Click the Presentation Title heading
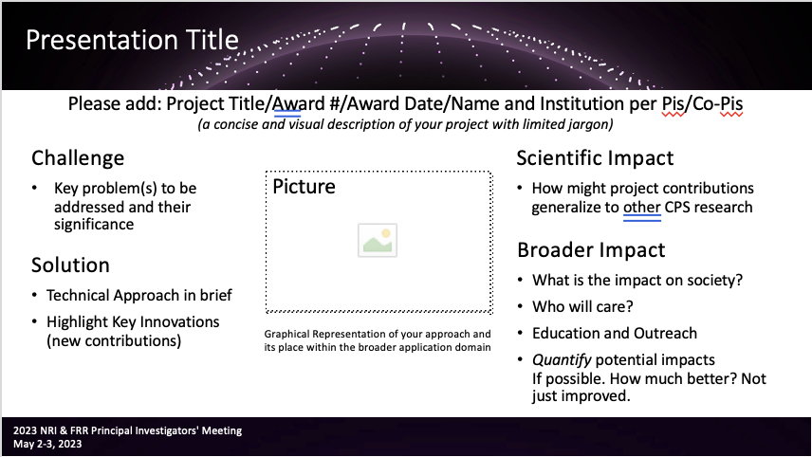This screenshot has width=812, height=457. coord(132,40)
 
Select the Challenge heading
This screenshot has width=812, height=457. coord(78,158)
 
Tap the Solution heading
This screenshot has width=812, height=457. coord(70,265)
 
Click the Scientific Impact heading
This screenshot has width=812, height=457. coord(595,157)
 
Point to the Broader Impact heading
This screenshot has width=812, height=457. coord(591,250)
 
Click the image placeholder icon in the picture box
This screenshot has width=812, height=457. coord(378,240)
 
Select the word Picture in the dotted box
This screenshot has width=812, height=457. coord(304,187)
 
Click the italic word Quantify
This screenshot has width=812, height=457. coord(562,359)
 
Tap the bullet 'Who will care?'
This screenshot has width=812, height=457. coord(582,306)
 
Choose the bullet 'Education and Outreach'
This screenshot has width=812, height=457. coord(615,333)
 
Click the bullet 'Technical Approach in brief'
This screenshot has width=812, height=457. coord(139,296)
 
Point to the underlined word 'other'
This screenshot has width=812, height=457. coord(642,207)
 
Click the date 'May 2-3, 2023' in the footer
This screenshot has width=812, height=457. coord(47,444)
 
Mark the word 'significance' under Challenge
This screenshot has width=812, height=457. coord(94,225)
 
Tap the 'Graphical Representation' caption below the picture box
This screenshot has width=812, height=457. coord(378,340)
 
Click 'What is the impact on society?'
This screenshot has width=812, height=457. coord(637,280)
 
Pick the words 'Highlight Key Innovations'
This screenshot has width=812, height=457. coord(133,322)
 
